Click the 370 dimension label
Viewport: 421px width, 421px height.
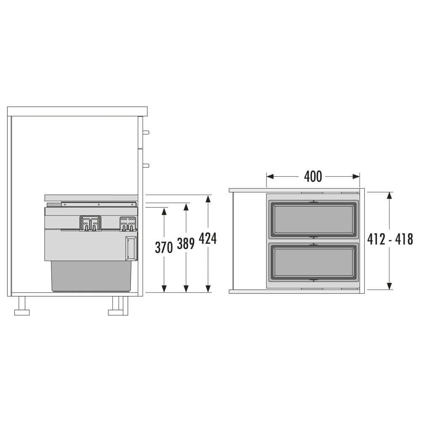[x=164, y=248]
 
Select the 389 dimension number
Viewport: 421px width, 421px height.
[x=186, y=243]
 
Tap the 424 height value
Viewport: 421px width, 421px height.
[x=208, y=238]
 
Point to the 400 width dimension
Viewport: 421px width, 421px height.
[x=313, y=177]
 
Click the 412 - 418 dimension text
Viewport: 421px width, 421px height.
[x=390, y=239]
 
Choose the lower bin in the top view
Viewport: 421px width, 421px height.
[x=313, y=262]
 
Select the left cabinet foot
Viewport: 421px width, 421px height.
[x=22, y=306]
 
